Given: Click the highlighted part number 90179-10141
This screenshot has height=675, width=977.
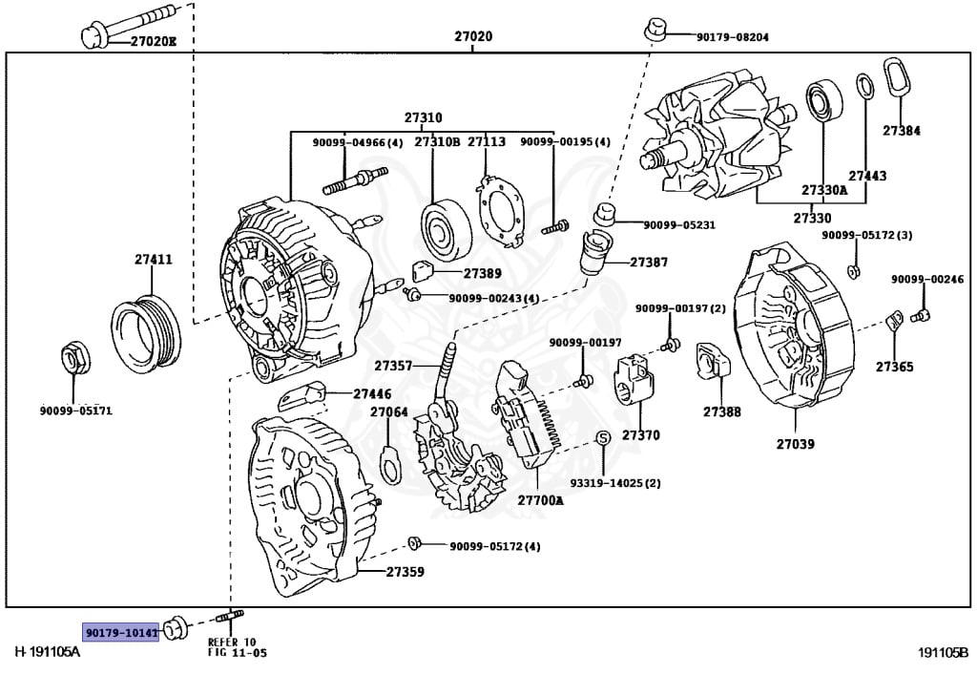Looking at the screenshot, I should tap(120, 632).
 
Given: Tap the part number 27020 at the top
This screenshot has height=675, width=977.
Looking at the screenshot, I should tap(473, 37).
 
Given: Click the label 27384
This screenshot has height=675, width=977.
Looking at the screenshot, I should tap(901, 131).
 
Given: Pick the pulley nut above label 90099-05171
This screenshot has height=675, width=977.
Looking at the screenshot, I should tap(74, 359).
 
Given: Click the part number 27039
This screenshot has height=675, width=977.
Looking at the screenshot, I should tap(795, 444).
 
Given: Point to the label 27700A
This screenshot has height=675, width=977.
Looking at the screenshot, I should tap(541, 499).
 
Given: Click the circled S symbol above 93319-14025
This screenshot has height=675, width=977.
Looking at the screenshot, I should tap(603, 438).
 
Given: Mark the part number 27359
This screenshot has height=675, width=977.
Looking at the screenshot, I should tap(405, 573).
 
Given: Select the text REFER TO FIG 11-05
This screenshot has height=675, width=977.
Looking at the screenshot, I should tap(232, 647).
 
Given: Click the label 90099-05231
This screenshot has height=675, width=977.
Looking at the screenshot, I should tap(678, 225).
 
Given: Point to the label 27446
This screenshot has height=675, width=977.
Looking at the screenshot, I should tap(372, 393).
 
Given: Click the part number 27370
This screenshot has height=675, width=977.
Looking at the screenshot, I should tap(640, 435).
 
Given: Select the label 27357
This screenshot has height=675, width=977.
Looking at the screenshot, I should tap(393, 366).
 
